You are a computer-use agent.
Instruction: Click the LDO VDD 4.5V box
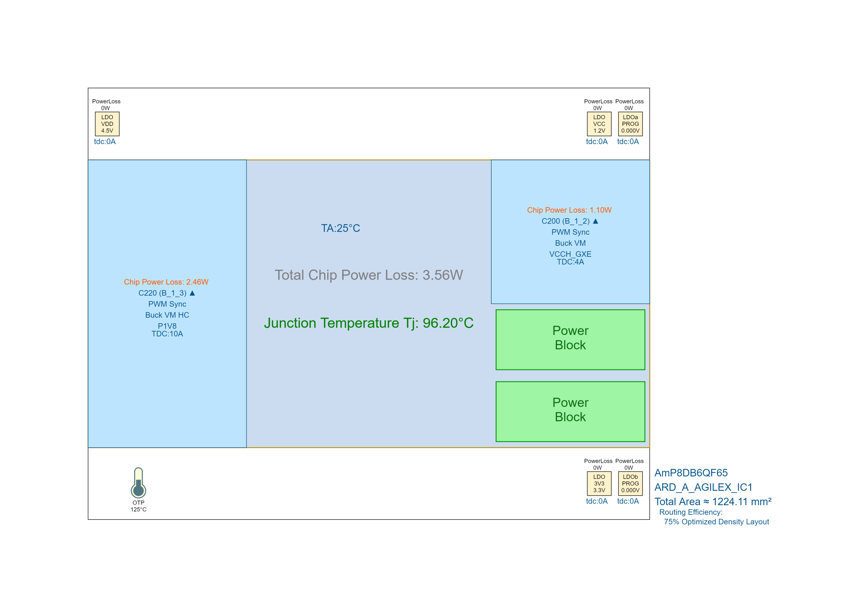[x=107, y=124]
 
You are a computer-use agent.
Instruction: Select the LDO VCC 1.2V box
[x=599, y=124]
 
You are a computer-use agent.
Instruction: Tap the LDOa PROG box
[x=630, y=124]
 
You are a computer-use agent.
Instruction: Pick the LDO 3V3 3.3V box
[x=599, y=483]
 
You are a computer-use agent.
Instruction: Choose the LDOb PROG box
[x=630, y=483]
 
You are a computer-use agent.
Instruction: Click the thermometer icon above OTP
[x=139, y=483]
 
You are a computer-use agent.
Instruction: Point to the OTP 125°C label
[x=139, y=506]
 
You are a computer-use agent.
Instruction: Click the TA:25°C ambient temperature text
[x=341, y=228]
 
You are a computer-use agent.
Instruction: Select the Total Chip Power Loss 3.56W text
[x=368, y=275]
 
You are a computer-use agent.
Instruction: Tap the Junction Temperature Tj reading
[x=368, y=323]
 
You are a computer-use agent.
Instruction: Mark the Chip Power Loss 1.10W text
[x=569, y=210]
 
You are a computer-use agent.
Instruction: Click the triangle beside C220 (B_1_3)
[x=192, y=293]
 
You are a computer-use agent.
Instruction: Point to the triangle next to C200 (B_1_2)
[x=596, y=221]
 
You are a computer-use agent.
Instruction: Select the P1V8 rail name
[x=167, y=326]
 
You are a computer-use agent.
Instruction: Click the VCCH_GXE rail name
[x=570, y=254]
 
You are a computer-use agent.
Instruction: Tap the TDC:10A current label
[x=167, y=334]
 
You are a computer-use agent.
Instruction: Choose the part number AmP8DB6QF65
[x=691, y=473]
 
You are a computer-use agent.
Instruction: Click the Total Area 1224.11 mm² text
[x=713, y=502]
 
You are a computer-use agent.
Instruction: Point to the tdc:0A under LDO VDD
[x=105, y=141]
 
